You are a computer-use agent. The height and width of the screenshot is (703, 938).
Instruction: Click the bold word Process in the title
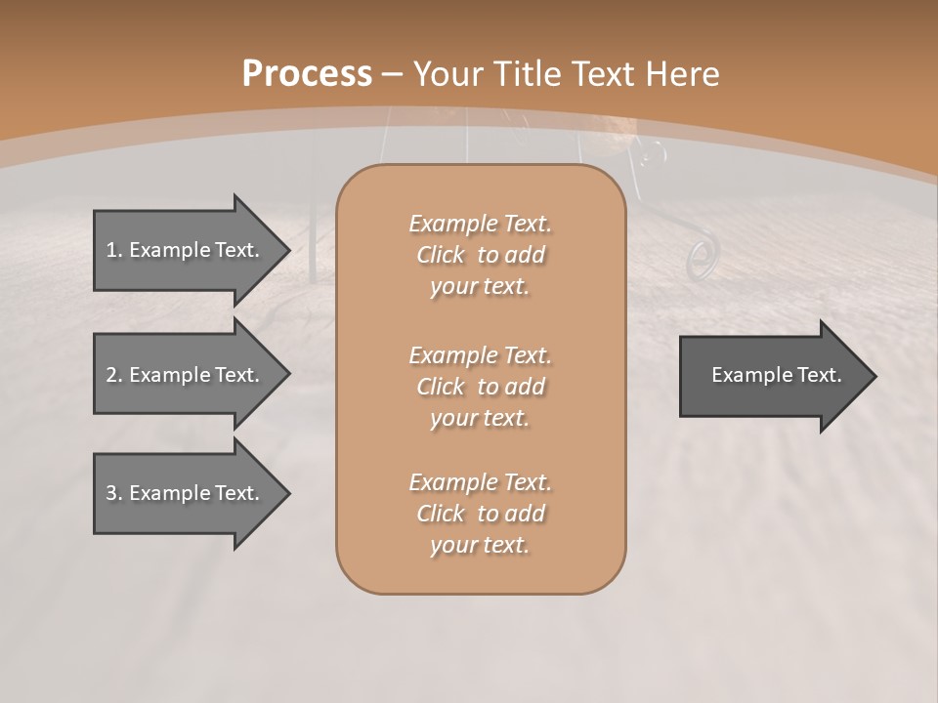[x=307, y=74]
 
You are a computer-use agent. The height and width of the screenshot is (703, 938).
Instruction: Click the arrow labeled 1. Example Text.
[x=183, y=250]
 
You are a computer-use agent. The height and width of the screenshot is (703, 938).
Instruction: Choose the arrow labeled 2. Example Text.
[x=183, y=375]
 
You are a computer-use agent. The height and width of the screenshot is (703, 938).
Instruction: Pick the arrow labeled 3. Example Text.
[x=183, y=493]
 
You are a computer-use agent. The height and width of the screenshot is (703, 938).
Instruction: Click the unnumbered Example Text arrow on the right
[x=776, y=375]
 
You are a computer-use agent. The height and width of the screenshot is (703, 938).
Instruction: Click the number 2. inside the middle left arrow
[x=114, y=375]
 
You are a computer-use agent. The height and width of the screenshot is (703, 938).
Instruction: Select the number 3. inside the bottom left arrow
[x=114, y=493]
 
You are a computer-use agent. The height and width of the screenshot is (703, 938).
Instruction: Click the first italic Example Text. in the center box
[x=480, y=224]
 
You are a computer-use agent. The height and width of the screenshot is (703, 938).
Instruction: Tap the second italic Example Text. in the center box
[x=480, y=354]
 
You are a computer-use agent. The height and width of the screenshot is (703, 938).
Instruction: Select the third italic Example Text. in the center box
[x=480, y=482]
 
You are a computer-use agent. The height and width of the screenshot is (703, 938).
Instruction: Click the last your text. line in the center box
[x=480, y=545]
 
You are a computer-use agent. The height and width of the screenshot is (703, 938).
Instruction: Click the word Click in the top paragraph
[x=441, y=255]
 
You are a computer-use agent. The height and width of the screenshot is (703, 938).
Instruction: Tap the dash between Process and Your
[x=393, y=74]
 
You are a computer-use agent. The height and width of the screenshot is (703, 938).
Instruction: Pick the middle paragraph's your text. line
[x=480, y=418]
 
